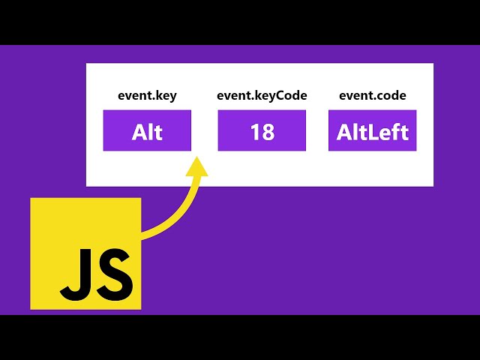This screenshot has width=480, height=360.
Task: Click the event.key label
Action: (147, 95)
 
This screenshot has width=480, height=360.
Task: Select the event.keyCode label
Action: (262, 95)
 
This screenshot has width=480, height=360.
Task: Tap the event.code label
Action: (372, 95)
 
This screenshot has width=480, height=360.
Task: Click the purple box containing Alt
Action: (147, 130)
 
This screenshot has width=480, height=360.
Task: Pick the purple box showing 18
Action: (262, 130)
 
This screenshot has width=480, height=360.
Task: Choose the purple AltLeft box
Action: (372, 130)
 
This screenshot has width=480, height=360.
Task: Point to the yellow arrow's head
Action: (198, 166)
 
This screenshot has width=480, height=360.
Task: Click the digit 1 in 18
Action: (256, 133)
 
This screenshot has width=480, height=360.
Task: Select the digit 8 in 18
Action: (268, 133)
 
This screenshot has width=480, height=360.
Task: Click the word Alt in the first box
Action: (147, 133)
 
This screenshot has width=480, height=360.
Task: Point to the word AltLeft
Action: (372, 133)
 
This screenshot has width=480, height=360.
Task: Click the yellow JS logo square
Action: (85, 253)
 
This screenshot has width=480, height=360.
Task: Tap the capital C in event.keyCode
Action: (283, 95)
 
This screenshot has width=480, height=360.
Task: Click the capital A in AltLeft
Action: (344, 133)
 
